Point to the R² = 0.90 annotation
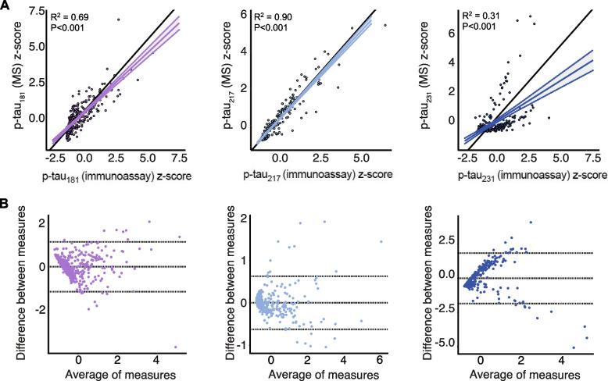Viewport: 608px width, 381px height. (x=271, y=16)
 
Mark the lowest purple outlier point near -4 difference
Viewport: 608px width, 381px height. (x=176, y=347)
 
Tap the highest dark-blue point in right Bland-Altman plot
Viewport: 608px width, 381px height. (x=531, y=223)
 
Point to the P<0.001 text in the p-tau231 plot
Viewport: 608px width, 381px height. (x=475, y=28)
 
